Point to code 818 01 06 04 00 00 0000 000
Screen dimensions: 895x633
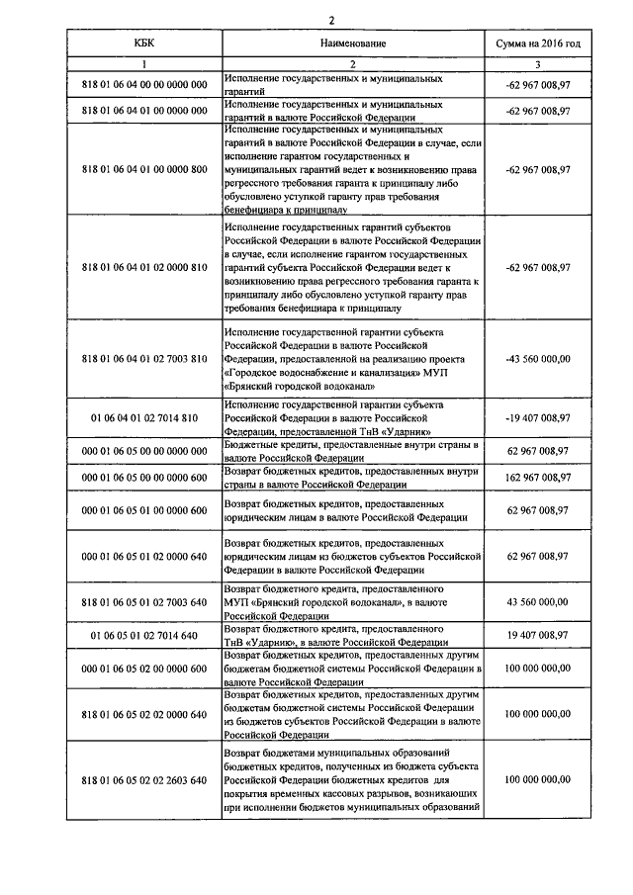pos(144,84)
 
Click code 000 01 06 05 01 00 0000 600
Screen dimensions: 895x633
pos(144,510)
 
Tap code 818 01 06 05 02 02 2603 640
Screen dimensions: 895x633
pos(144,779)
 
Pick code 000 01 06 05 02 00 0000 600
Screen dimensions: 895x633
pos(144,669)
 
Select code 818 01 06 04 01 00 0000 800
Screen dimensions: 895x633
pos(144,169)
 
